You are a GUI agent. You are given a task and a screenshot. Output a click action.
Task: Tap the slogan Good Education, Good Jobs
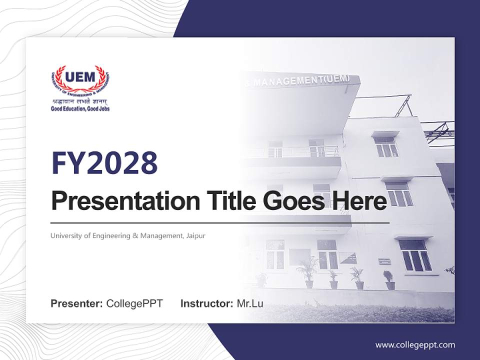pos(80,108)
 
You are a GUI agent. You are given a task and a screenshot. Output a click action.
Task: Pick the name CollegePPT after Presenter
pos(134,303)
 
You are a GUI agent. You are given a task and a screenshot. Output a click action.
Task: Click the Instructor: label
pos(206,303)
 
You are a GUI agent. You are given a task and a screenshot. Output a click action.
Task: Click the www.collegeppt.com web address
pos(415,345)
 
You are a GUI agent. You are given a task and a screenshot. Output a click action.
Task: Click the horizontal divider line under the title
pos(220,222)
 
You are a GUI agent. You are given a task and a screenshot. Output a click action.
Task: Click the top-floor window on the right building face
pos(386,146)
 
